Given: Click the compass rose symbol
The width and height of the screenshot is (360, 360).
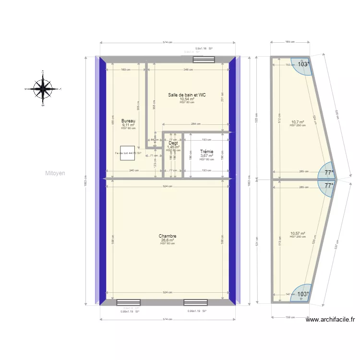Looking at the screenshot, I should pos(43,88).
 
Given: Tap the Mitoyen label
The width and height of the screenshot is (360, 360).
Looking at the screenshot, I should pos(55,173).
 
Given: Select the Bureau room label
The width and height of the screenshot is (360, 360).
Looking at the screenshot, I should pos(128,121).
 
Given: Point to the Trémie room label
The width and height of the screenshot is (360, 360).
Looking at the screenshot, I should pos(206,151).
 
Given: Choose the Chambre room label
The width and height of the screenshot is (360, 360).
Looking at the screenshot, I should pos(168,236).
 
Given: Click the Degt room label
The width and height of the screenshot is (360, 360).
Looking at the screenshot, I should pos(173,143).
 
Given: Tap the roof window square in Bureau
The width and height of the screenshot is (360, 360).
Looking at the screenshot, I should pos(127,153).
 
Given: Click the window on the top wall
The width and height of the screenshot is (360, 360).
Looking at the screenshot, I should pos(204,60).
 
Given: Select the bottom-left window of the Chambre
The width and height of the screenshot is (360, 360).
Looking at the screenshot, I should pos(129,303).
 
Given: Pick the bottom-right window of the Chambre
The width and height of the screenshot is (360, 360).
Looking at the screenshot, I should pos(195,303).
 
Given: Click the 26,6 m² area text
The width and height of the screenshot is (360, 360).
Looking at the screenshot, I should pos(168,240).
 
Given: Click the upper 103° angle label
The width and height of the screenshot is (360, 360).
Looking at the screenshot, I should pos(303,64).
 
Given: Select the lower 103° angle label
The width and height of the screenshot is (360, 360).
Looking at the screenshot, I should pos(303,294).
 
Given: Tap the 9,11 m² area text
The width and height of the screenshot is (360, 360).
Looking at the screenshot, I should pos(128,125).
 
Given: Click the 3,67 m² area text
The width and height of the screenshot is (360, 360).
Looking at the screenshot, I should pos(206,156).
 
